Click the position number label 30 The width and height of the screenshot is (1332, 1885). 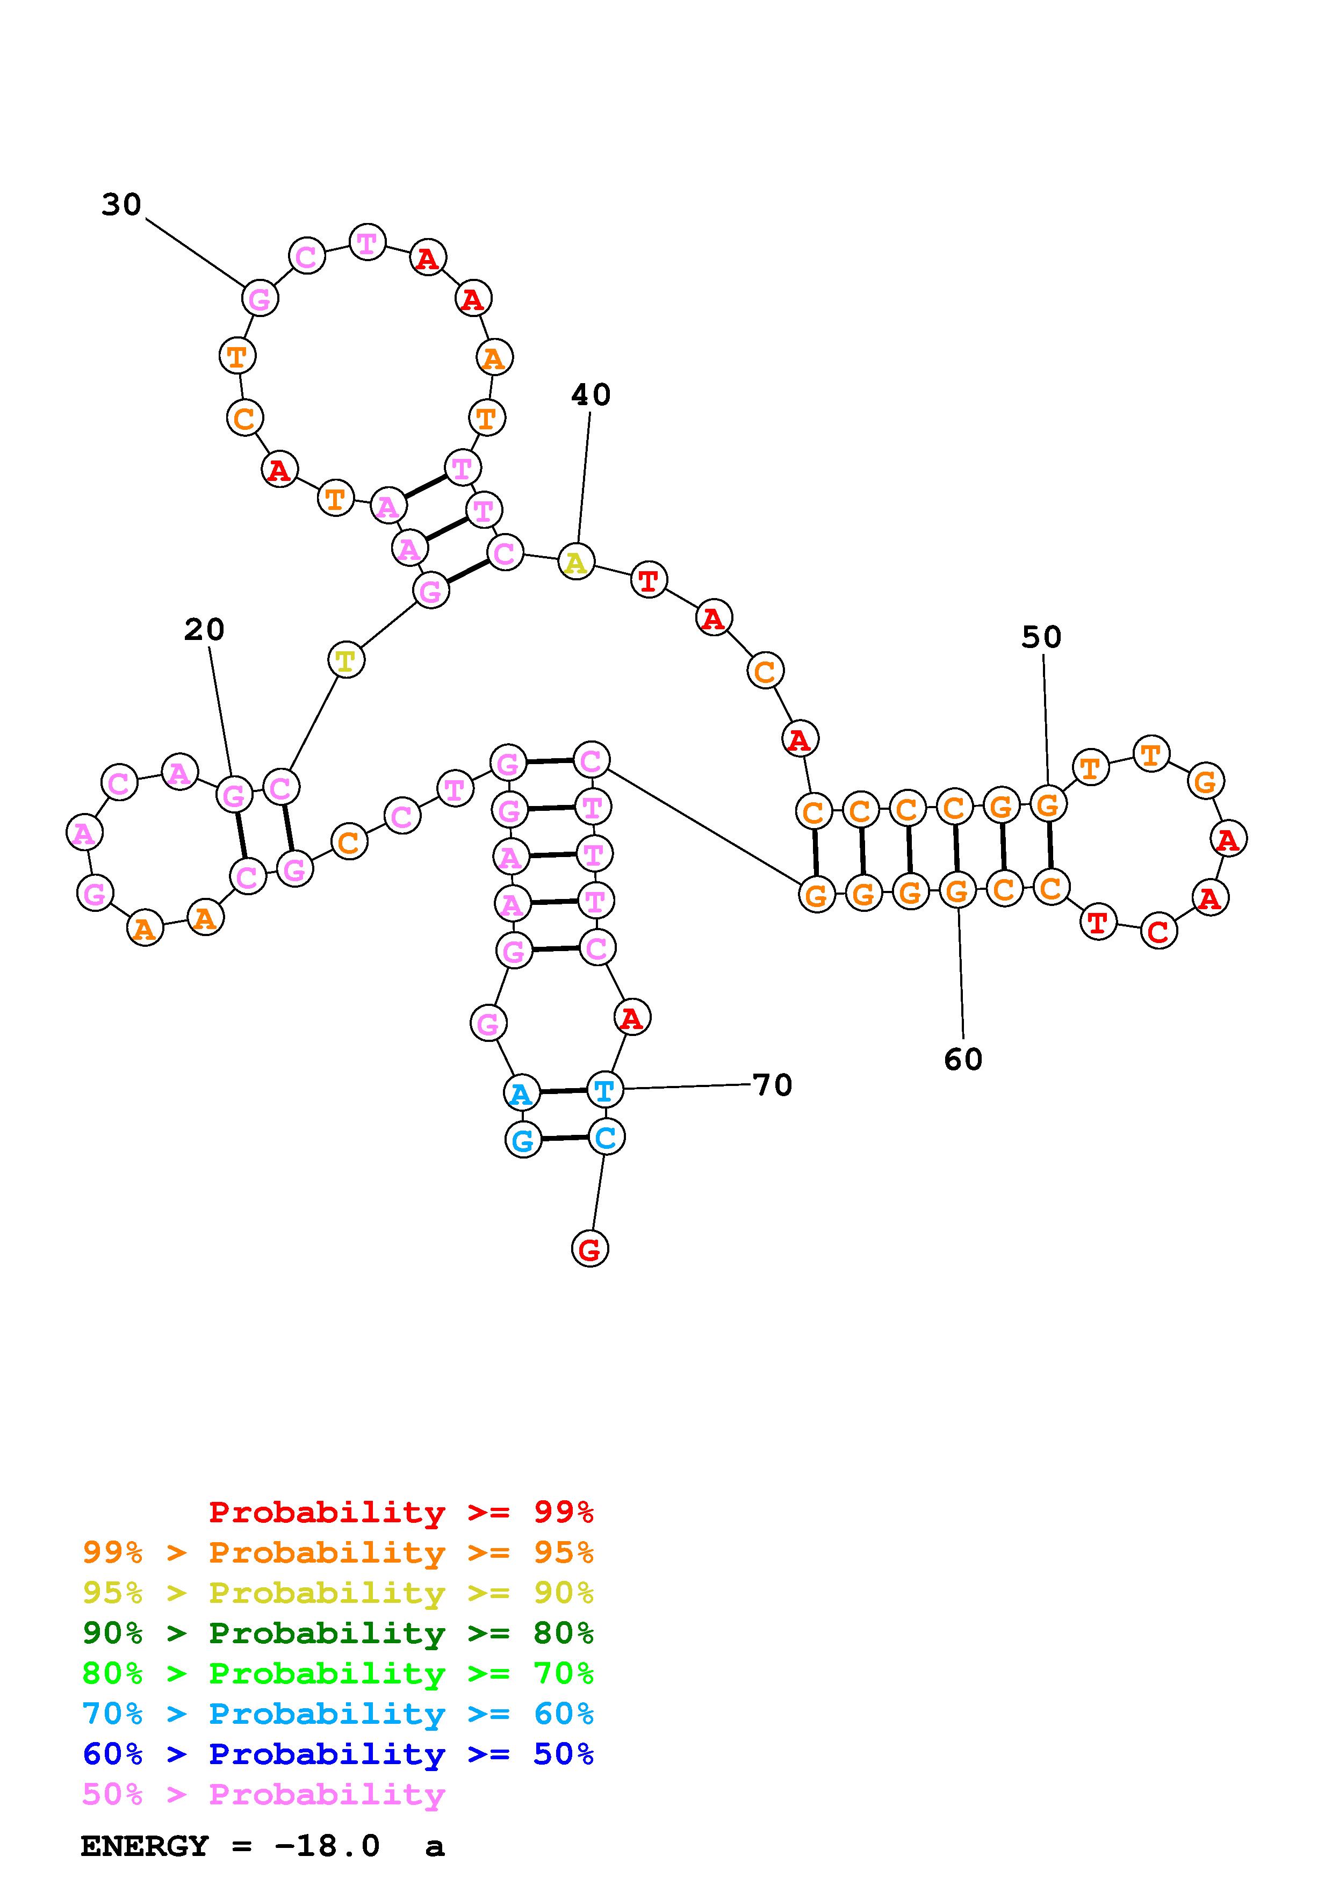point(121,204)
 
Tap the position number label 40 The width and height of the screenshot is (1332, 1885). point(591,395)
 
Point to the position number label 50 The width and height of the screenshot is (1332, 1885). point(1041,637)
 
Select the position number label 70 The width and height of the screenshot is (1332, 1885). point(772,1085)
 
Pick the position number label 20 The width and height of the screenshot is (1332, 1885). point(204,630)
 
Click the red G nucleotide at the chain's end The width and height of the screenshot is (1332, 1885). point(589,1249)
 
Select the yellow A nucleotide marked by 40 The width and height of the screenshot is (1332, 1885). point(576,563)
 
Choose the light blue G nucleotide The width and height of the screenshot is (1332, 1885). point(523,1140)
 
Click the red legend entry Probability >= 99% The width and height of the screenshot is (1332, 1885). point(400,1512)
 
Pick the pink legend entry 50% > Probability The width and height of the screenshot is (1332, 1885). point(263,1795)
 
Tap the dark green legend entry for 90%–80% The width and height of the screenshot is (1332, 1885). point(338,1633)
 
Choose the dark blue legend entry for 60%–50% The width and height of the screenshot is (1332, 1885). point(338,1754)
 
